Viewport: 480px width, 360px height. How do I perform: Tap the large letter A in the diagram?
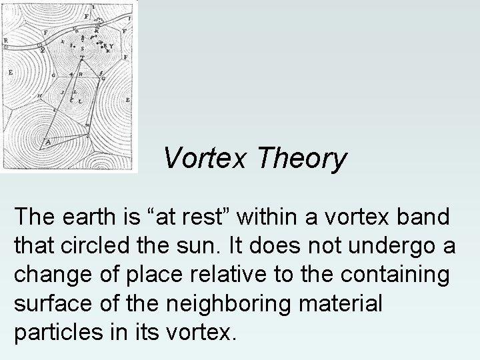[47, 142]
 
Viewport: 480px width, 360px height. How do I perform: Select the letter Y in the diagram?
[111, 46]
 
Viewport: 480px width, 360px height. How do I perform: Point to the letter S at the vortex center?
[82, 49]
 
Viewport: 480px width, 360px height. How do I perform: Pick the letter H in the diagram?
[39, 96]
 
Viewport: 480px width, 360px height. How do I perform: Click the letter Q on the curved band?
[42, 48]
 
